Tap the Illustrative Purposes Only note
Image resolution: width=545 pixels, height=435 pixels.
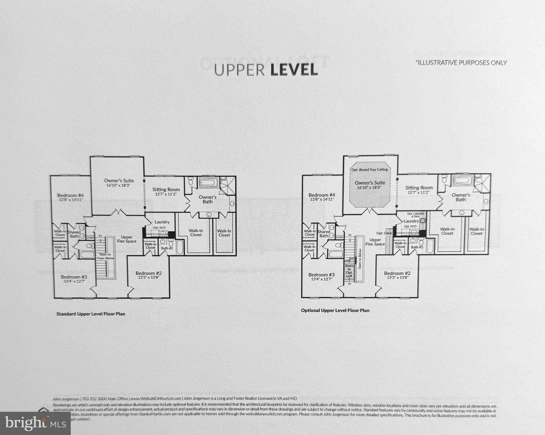(x=461, y=63)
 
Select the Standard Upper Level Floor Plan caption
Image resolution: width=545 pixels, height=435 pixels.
(x=91, y=314)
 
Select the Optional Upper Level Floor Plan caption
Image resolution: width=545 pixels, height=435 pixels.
(x=335, y=310)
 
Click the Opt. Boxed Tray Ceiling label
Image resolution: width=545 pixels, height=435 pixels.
(x=369, y=170)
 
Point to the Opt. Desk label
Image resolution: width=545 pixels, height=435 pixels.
(x=384, y=233)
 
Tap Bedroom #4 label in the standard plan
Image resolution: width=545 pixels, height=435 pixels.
(x=70, y=195)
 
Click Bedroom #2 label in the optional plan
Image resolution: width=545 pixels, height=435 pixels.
(x=397, y=273)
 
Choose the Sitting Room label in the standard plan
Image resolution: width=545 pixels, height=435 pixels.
(x=166, y=189)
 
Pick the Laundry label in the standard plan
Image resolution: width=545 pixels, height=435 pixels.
(x=162, y=222)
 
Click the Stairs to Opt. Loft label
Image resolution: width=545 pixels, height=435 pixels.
(x=349, y=271)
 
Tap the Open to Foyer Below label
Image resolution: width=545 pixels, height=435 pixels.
(x=105, y=256)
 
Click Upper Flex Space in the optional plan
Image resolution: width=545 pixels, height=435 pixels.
(x=375, y=242)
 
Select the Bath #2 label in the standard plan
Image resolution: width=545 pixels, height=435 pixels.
(x=167, y=248)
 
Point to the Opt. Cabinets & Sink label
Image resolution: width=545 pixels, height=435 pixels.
(x=415, y=215)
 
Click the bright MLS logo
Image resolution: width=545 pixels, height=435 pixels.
(x=35, y=423)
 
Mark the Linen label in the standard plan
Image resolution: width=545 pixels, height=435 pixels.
(x=90, y=238)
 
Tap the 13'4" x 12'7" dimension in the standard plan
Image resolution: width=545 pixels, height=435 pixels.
(x=74, y=282)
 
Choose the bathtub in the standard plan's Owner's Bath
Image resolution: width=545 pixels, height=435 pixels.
(x=209, y=182)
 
